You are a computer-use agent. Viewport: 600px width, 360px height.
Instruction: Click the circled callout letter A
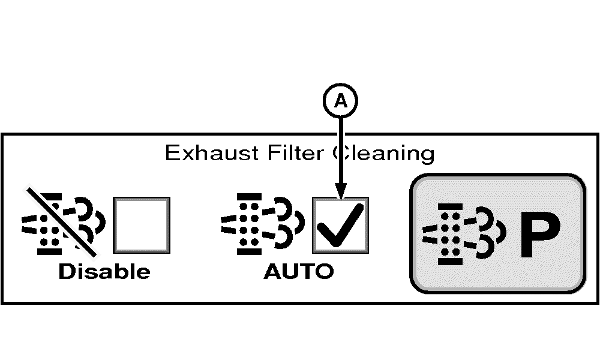(x=341, y=102)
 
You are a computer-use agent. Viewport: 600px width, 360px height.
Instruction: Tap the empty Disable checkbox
(x=142, y=225)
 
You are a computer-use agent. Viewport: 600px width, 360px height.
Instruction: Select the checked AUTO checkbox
(x=340, y=225)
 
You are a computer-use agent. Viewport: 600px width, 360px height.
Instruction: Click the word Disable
(x=104, y=272)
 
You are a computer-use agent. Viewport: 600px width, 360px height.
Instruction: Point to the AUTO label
(x=298, y=272)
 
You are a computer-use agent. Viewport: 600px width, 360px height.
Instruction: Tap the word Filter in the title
(x=289, y=153)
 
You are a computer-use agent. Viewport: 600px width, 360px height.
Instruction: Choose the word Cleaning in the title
(x=384, y=153)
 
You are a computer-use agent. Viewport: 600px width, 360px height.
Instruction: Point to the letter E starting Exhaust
(x=171, y=153)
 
